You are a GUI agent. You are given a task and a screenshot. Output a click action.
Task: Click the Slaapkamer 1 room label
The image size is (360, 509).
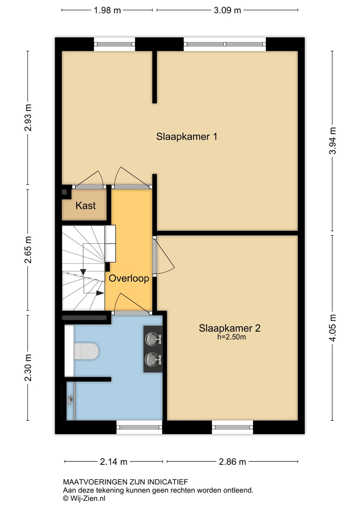tap(186, 137)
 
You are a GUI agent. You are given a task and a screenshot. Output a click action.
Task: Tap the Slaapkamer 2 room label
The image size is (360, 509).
tap(230, 328)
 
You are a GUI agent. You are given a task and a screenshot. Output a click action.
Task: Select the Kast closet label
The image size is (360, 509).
tap(86, 206)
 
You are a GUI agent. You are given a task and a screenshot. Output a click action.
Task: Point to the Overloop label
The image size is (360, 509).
tap(129, 279)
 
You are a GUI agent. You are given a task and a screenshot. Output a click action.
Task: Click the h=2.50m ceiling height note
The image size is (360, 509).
tap(232, 337)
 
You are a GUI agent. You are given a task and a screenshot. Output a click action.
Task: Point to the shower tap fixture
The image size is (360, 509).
tap(70, 400)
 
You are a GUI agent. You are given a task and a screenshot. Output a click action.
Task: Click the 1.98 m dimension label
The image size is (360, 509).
tap(107, 11)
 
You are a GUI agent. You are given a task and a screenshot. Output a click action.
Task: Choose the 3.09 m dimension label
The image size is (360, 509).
tap(227, 11)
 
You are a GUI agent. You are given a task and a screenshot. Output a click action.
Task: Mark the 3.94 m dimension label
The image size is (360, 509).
tap(332, 141)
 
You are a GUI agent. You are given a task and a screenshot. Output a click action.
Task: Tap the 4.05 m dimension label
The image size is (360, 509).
tap(332, 328)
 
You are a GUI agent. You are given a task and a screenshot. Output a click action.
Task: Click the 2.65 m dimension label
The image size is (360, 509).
tap(28, 250)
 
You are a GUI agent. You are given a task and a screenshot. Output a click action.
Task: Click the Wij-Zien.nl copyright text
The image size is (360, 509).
tap(84, 498)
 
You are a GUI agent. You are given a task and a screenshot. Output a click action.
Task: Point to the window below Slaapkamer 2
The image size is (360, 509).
tap(232, 427)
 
